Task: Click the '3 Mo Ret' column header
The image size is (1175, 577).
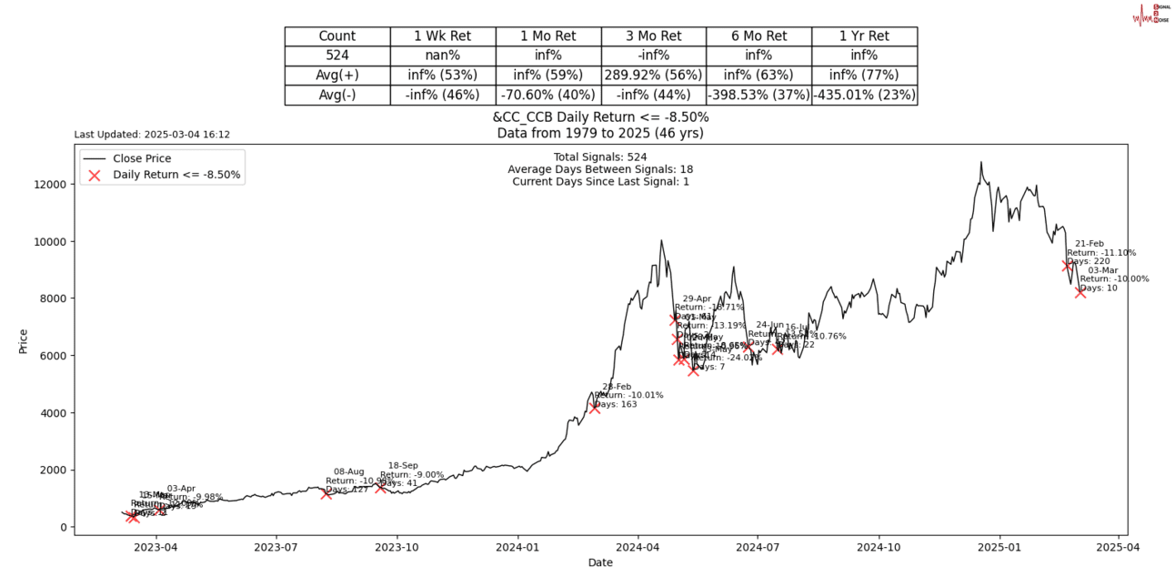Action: (x=653, y=36)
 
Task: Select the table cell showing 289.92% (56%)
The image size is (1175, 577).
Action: (x=653, y=75)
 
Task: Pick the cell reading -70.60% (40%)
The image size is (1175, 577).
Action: (x=547, y=95)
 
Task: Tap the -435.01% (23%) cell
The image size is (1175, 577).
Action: (x=864, y=95)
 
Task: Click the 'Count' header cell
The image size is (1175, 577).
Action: (x=337, y=36)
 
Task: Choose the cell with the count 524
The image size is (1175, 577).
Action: (x=337, y=56)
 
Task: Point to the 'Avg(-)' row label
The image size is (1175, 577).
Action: (x=337, y=95)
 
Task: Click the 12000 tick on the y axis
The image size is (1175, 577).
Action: (x=51, y=184)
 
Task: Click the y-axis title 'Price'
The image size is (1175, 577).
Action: (x=24, y=340)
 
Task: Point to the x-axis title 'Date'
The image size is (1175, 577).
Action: (x=600, y=562)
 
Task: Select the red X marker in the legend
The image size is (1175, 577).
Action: (x=95, y=175)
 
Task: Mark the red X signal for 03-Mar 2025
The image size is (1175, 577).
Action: (x=1080, y=292)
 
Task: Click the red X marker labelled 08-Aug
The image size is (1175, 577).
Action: (x=326, y=493)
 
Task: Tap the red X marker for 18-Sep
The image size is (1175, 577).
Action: (x=380, y=488)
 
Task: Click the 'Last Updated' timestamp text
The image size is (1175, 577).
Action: (x=152, y=135)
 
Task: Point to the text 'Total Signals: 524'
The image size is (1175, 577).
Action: (x=600, y=157)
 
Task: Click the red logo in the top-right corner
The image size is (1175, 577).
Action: (x=1150, y=14)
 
